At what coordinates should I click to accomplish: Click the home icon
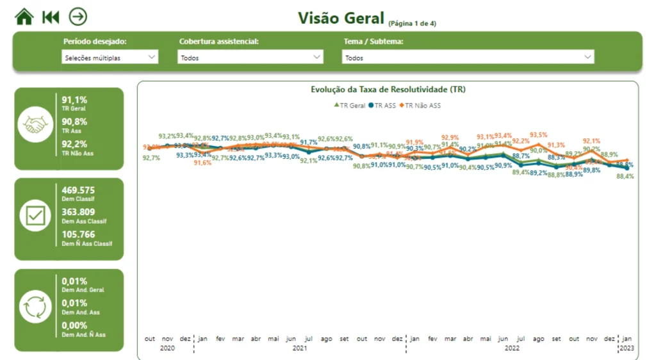pos(24,17)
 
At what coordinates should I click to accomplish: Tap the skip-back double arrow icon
pos(51,17)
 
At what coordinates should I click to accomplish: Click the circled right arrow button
pos(78,17)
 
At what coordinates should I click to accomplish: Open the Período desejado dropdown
pos(110,58)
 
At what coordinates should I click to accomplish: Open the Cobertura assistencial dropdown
pos(250,58)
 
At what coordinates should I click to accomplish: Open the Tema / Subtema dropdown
pos(468,58)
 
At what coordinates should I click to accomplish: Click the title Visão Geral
pos(341,19)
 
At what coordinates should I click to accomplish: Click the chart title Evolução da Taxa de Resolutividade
pos(388,90)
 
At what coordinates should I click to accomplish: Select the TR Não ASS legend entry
pos(420,105)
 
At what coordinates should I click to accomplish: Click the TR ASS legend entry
pos(382,105)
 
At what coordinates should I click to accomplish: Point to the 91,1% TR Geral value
pos(74,100)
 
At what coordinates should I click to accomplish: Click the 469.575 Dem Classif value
pos(78,190)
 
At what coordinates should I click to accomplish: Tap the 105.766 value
pos(78,234)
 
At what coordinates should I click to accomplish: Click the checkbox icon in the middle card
pos(34,218)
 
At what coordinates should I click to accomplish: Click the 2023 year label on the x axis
pos(627,348)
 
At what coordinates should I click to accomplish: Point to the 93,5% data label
pos(539,135)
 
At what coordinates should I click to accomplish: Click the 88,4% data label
pos(625,177)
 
